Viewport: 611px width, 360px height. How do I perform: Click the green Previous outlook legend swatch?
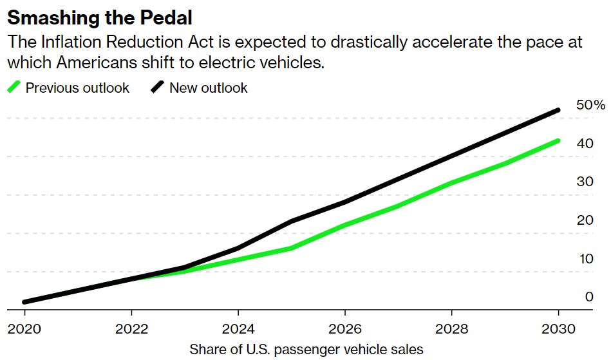tap(14, 88)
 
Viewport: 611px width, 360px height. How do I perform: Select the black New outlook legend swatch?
tap(158, 88)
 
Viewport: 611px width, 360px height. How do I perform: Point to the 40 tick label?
tap(585, 144)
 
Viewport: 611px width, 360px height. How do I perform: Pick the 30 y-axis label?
tap(585, 182)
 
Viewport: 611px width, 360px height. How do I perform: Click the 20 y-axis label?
tap(585, 220)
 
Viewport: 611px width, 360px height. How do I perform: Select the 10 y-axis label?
tap(585, 259)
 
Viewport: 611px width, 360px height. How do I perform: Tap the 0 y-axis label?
tap(589, 297)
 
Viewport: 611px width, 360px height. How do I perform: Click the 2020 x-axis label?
tap(24, 328)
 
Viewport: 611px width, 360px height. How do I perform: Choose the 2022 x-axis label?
tap(131, 328)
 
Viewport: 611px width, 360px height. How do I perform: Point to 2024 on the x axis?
tap(238, 328)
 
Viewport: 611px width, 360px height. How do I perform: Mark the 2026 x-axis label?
tap(344, 328)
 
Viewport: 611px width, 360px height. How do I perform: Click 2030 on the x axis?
tap(558, 328)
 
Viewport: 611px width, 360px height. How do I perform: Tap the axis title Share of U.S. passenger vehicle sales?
tap(306, 350)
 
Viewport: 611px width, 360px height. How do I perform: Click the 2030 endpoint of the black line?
tap(558, 110)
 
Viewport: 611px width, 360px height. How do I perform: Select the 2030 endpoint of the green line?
tap(558, 140)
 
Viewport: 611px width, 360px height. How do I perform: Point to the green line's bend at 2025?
tap(291, 248)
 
